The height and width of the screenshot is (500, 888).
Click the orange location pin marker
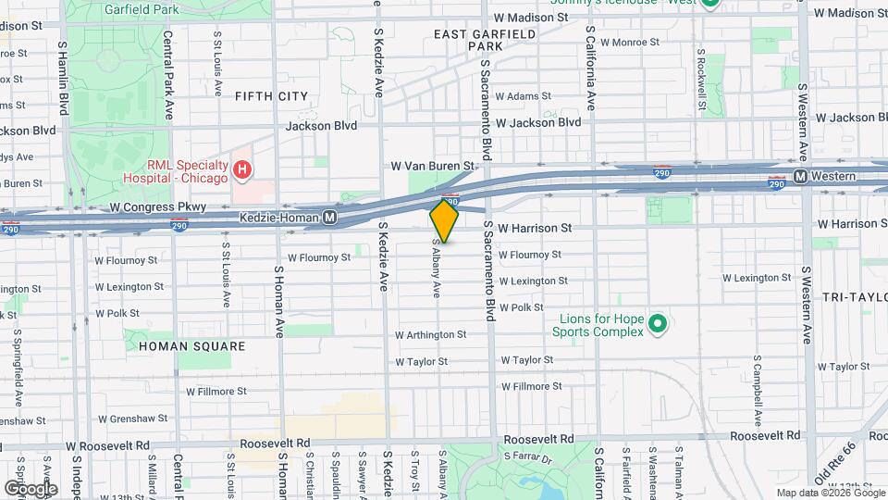coord(444,221)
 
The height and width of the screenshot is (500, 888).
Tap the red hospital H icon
coord(241,169)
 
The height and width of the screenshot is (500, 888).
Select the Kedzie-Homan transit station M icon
coord(329,218)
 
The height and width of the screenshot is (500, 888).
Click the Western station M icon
coord(802,175)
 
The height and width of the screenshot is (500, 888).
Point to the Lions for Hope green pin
coord(657,324)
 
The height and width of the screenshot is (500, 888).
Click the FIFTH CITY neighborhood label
coord(271,95)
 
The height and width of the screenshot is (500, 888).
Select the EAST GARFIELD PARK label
coord(485,39)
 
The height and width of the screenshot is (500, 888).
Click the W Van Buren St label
coord(432,166)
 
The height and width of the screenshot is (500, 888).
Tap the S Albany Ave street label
coord(436,269)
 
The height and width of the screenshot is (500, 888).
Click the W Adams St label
coord(523,95)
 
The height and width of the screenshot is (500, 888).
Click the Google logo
coord(31,488)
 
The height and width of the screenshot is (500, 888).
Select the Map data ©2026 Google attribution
coord(830,493)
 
